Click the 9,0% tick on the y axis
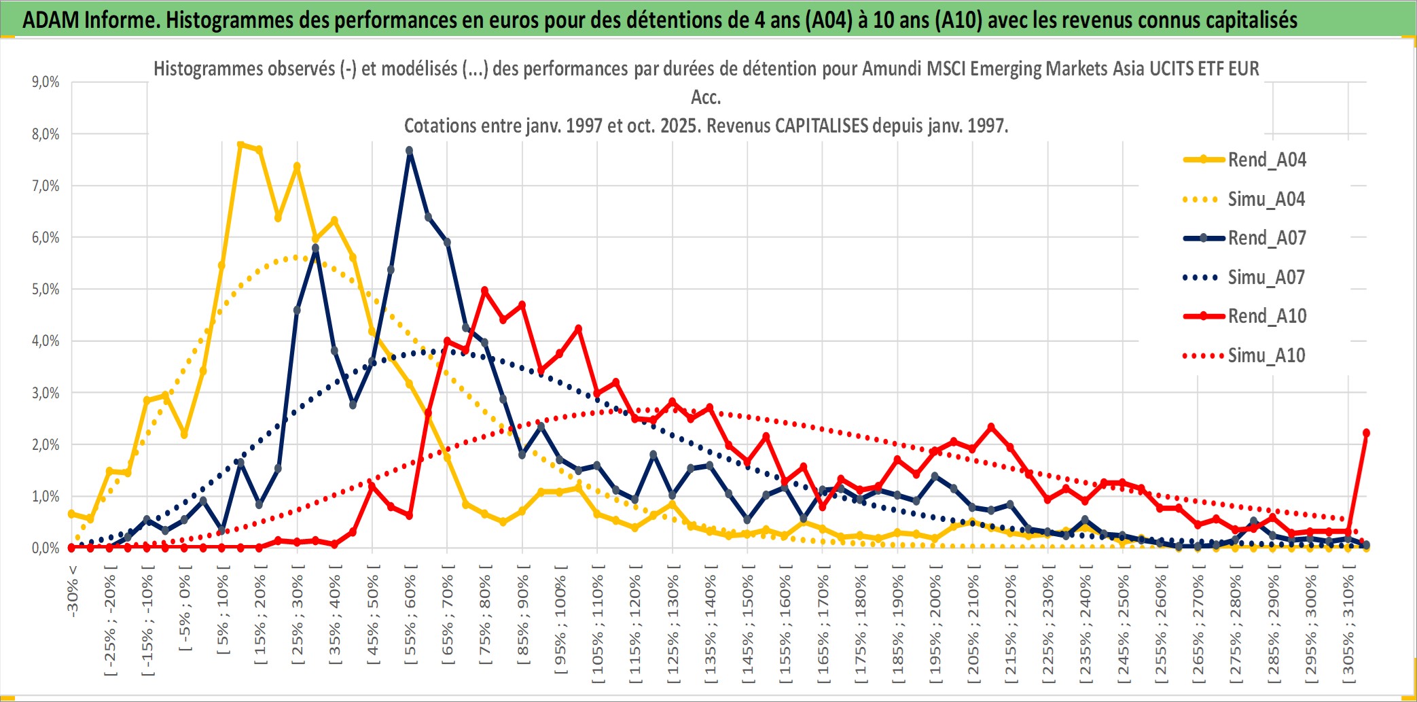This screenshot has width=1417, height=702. (x=46, y=82)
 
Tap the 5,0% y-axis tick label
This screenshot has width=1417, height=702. (x=46, y=289)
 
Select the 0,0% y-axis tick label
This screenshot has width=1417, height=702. (x=46, y=548)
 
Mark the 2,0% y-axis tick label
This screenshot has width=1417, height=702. (x=46, y=444)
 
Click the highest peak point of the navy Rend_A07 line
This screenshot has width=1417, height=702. (x=410, y=150)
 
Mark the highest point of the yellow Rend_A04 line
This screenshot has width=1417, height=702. (x=240, y=144)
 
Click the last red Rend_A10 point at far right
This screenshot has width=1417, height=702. (x=1366, y=433)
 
